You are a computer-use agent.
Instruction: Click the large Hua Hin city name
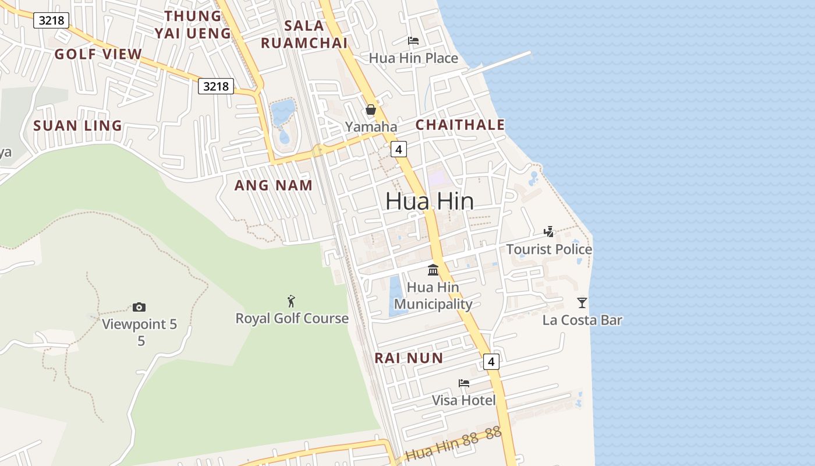430,202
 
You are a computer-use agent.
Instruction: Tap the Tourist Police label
549,249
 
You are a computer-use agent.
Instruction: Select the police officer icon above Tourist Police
548,232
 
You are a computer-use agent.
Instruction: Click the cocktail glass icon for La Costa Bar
582,302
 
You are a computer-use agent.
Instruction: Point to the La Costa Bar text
582,320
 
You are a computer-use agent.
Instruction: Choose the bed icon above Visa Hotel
464,383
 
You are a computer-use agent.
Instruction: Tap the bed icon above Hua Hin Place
413,41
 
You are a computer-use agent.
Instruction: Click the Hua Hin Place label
413,58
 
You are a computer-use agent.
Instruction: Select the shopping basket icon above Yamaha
371,110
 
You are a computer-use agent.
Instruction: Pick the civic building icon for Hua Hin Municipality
433,270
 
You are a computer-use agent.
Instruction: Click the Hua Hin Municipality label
433,295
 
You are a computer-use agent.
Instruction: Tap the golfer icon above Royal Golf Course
292,301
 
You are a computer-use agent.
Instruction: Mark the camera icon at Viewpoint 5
139,307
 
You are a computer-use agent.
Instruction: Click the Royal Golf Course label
292,319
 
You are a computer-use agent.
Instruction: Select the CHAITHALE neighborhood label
460,125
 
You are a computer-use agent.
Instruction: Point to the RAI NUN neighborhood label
409,358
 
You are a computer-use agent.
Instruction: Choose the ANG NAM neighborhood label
273,185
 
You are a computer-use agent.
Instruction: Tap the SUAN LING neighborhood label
77,125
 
